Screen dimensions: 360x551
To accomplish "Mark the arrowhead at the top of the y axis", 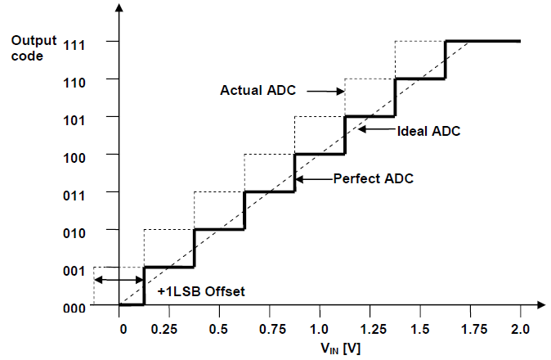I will coord(119,9).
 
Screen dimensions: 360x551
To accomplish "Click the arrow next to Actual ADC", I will coord(333,91).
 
